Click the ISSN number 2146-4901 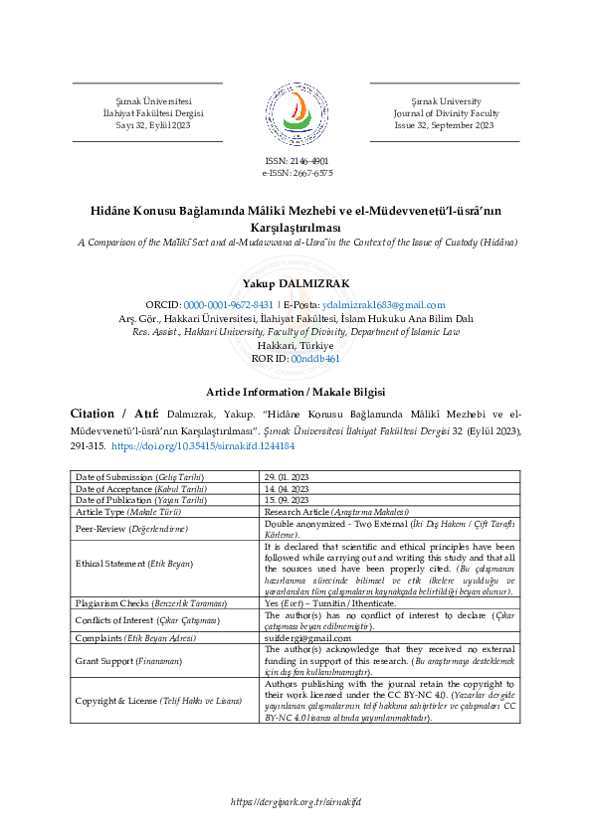pos(296,160)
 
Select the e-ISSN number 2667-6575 pos(296,172)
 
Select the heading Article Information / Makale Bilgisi pos(296,392)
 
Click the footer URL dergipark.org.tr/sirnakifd pos(296,801)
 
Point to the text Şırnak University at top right pos(445,101)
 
